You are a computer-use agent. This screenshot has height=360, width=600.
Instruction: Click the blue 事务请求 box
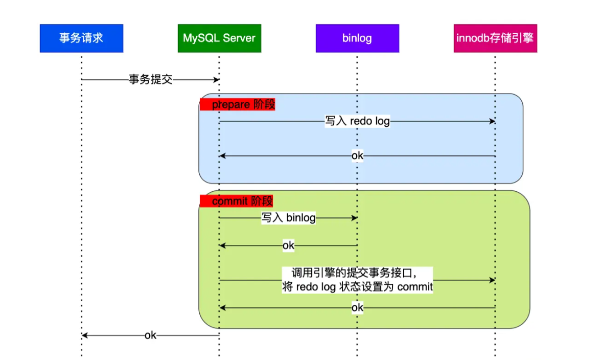[81, 38]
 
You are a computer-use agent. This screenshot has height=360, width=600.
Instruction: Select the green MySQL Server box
[219, 38]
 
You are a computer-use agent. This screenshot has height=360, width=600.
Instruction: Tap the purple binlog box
[357, 38]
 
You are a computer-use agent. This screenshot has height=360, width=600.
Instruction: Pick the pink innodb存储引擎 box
[495, 38]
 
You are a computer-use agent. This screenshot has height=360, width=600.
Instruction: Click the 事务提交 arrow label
[151, 80]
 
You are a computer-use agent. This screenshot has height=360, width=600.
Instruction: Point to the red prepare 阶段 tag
[237, 104]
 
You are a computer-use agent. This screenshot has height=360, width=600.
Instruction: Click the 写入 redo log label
[357, 121]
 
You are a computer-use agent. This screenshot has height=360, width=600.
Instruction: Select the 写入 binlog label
[288, 218]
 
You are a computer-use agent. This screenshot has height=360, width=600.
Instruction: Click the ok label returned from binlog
[288, 246]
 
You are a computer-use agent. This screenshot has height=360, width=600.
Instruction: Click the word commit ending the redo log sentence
[415, 287]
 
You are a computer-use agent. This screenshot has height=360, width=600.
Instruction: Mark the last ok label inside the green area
[358, 308]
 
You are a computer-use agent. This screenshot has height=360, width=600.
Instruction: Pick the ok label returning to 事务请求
[150, 335]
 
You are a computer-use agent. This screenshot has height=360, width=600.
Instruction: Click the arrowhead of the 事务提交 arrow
[216, 80]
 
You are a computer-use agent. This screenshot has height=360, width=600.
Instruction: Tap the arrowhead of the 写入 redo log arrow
[492, 121]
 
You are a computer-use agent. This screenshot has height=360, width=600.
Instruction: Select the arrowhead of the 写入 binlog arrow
[354, 218]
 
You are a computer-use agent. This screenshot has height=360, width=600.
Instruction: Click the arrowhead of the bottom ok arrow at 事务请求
[85, 335]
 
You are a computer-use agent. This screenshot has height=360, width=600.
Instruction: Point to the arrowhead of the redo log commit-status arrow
[492, 280]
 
